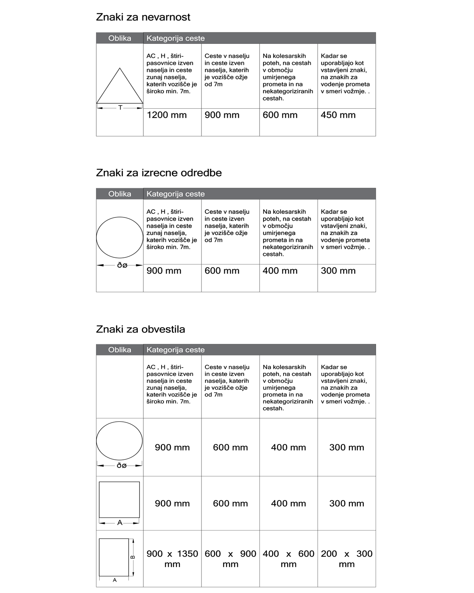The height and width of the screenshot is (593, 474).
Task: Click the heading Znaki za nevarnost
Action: click(143, 17)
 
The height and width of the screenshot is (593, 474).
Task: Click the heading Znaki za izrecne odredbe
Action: click(159, 173)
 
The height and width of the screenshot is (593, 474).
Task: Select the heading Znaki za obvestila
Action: click(140, 329)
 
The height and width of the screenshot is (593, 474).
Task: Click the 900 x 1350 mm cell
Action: click(172, 559)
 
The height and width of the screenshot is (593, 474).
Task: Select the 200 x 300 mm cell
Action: click(346, 559)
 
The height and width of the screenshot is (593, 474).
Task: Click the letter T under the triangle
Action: click(120, 107)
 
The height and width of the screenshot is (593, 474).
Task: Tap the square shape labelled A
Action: click(119, 499)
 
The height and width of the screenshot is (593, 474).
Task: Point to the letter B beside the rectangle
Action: click(133, 557)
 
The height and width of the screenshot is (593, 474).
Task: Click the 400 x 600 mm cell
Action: click(288, 559)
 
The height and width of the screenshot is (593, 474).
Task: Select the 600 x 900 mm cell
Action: click(230, 559)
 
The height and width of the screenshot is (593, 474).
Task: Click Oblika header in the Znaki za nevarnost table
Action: click(120, 38)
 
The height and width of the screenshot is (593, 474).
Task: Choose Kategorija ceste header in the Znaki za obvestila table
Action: click(175, 350)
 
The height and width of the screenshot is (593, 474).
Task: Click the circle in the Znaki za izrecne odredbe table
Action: click(120, 237)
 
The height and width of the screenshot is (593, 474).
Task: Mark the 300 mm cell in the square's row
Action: click(346, 504)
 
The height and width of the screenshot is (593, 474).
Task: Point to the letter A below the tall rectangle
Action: click(115, 580)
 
